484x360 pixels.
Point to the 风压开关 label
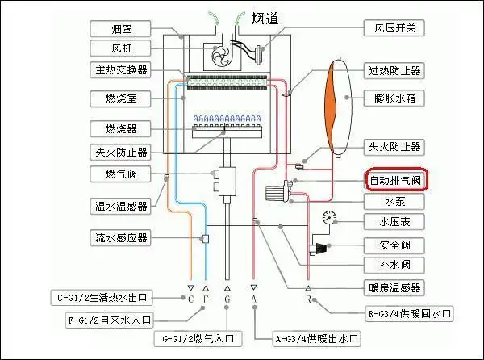click(395, 29)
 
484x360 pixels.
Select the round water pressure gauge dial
click(329, 218)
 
